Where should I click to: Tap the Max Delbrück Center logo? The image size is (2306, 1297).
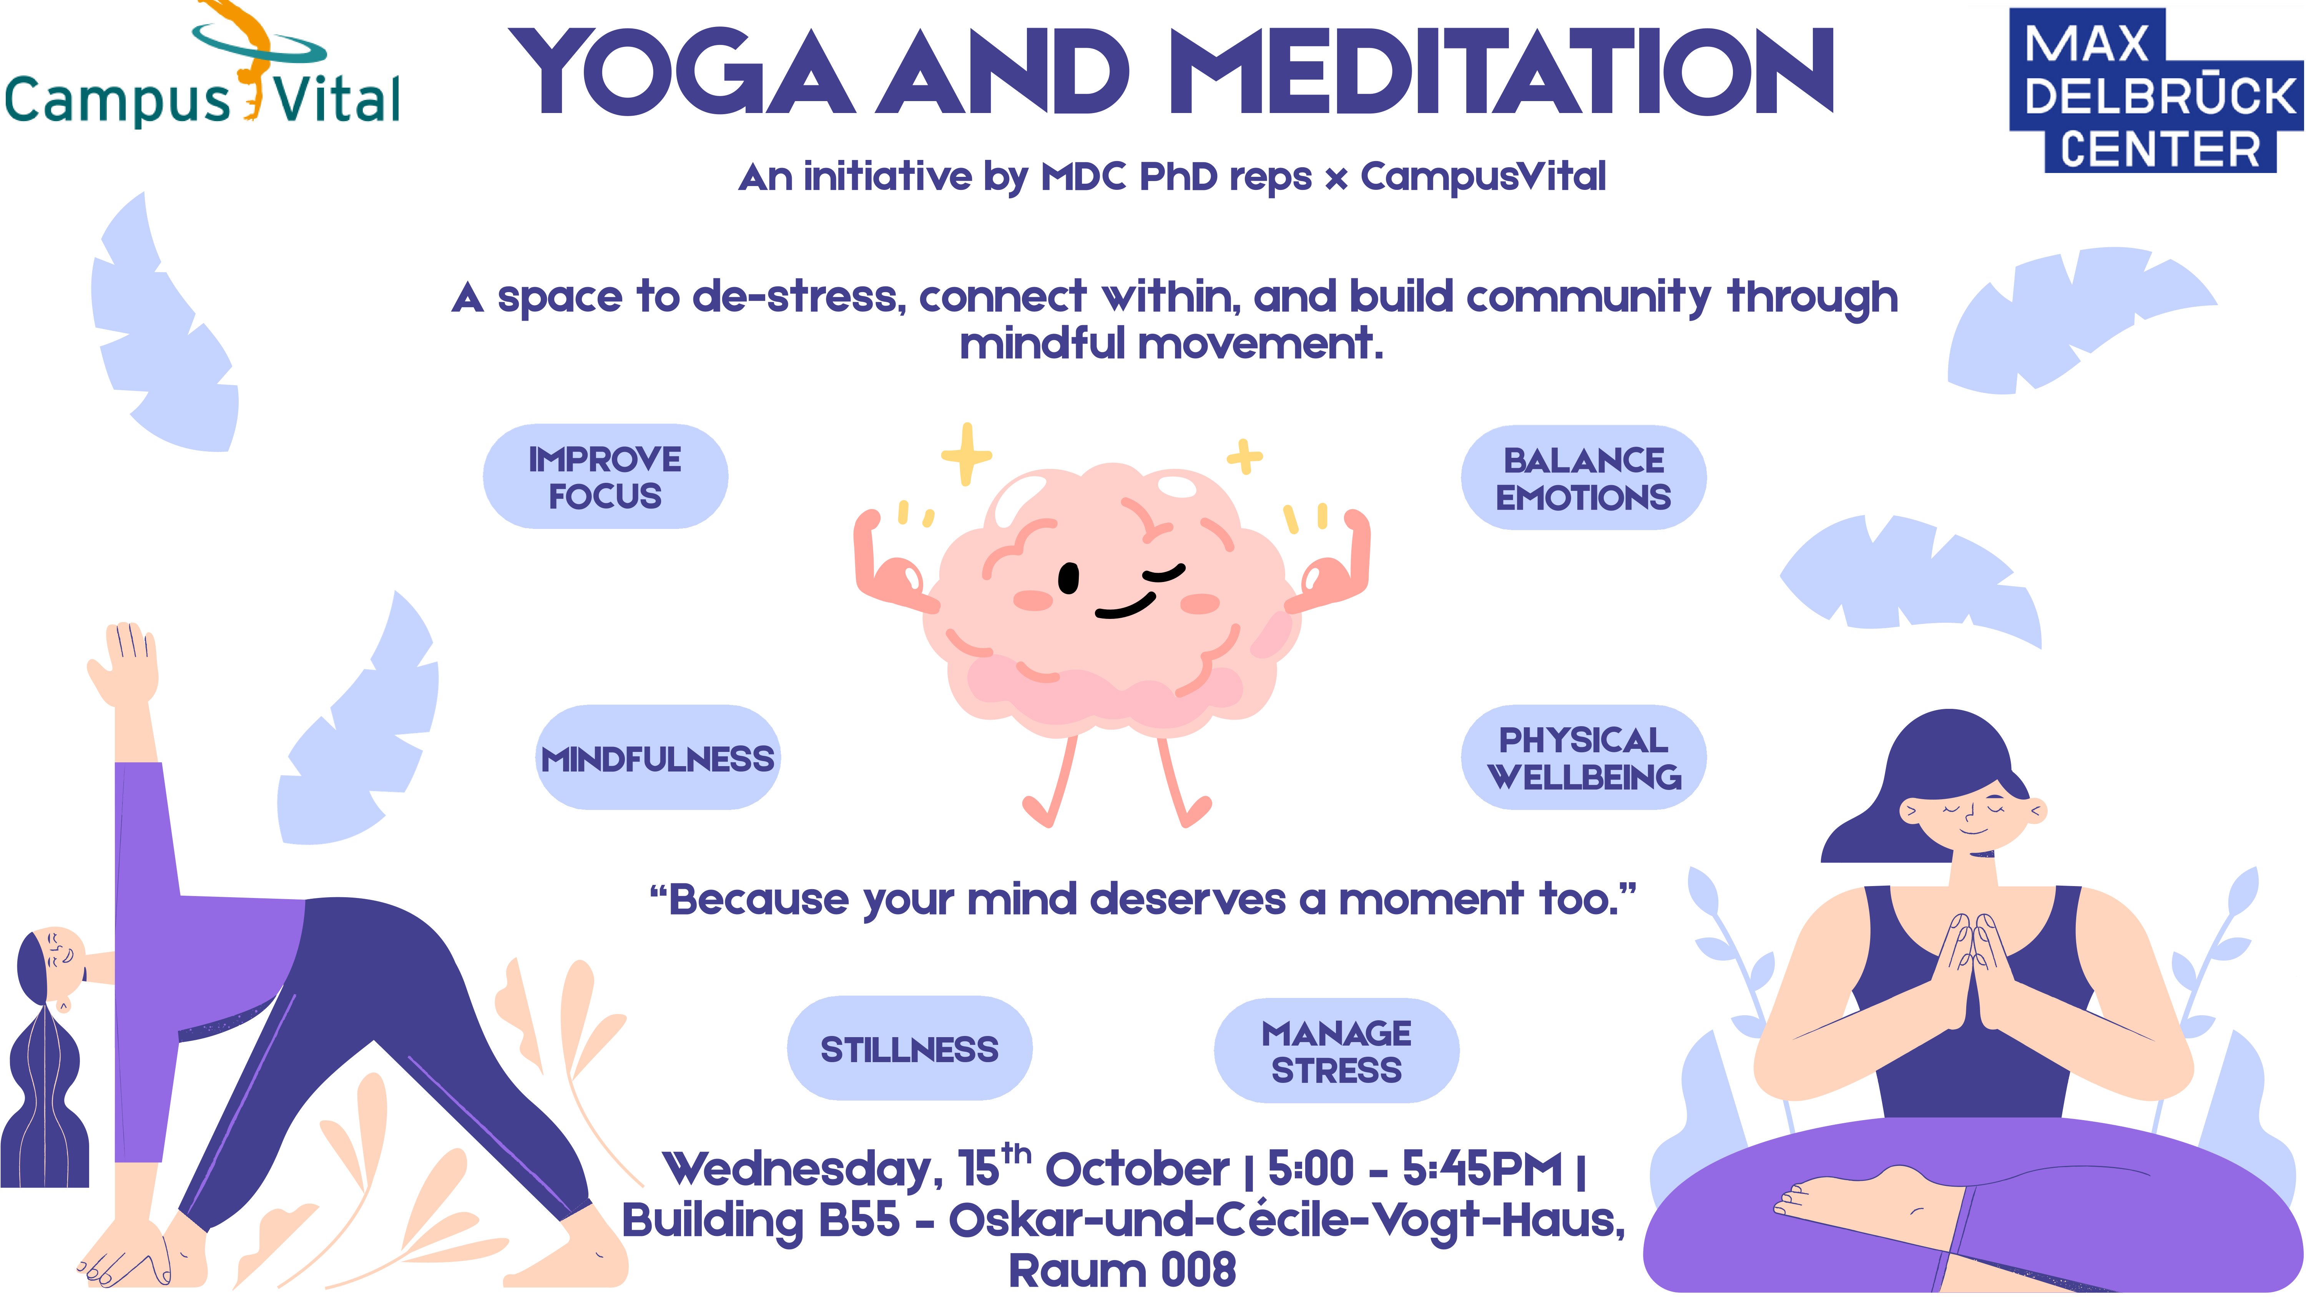(2156, 90)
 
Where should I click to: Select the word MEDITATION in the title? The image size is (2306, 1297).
(1501, 72)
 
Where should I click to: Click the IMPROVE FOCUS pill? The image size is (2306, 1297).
(605, 476)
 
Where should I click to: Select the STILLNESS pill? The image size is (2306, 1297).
(909, 1048)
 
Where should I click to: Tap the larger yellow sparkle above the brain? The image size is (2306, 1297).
(966, 454)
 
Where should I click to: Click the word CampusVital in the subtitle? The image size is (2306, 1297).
(1483, 176)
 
